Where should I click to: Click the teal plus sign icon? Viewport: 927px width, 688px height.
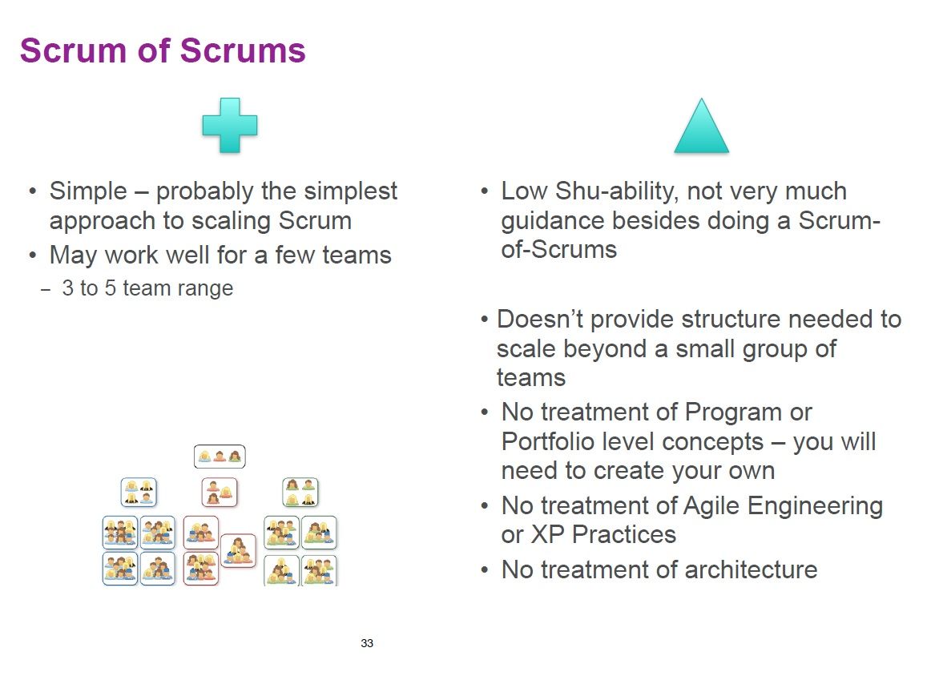pyautogui.click(x=229, y=125)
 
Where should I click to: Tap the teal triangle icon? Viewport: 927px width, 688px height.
pyautogui.click(x=701, y=126)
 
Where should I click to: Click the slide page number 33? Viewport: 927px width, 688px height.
pyautogui.click(x=366, y=643)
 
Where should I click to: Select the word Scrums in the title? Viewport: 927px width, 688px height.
pyautogui.click(x=243, y=50)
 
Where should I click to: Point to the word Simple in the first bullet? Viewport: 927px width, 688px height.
pyautogui.click(x=88, y=191)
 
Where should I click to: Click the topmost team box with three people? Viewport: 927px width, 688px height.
pyautogui.click(x=220, y=457)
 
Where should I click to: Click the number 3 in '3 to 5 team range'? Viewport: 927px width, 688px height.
pyautogui.click(x=67, y=288)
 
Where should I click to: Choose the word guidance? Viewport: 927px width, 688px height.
pyautogui.click(x=552, y=221)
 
